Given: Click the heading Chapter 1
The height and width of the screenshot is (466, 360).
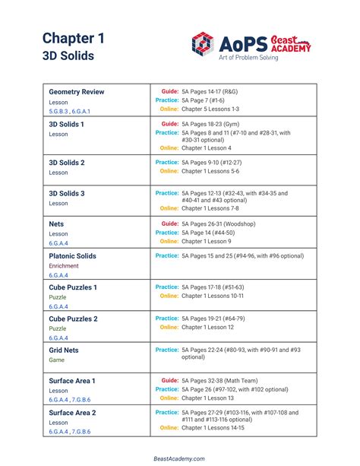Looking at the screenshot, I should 73,38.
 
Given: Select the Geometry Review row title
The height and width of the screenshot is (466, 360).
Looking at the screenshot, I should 77,92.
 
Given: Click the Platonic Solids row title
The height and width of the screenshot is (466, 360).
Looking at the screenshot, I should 72,256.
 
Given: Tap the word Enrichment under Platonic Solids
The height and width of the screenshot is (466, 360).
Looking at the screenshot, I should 64,266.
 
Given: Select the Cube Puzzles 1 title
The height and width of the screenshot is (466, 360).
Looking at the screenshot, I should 73,287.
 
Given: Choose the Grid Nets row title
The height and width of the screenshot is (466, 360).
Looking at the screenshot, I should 64,350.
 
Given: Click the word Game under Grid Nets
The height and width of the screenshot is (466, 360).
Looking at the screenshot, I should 57,360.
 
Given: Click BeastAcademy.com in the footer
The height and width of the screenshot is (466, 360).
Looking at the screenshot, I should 179,458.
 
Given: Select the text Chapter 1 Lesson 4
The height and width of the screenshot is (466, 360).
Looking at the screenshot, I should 207,148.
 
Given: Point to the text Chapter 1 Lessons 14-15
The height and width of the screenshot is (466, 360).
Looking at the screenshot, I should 213,428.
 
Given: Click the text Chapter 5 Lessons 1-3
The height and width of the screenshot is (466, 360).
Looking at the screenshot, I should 210,109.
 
